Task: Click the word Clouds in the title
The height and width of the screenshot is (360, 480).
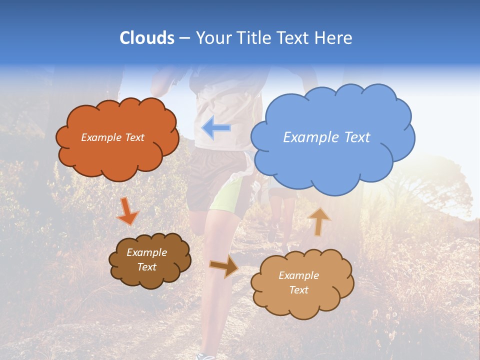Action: (x=147, y=38)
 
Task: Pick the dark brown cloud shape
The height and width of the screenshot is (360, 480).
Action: (x=149, y=260)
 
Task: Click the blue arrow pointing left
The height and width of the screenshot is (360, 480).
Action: (x=216, y=128)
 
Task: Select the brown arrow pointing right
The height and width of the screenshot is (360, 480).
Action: (x=224, y=266)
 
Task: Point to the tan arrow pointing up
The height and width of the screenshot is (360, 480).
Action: (x=319, y=221)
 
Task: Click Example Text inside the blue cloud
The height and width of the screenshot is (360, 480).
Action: (x=326, y=137)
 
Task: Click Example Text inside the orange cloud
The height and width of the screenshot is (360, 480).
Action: (x=112, y=137)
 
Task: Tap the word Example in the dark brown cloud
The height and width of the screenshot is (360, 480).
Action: (x=146, y=252)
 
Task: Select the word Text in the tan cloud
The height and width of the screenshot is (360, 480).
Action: (x=299, y=290)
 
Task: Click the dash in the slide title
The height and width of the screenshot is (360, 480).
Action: (x=184, y=38)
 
